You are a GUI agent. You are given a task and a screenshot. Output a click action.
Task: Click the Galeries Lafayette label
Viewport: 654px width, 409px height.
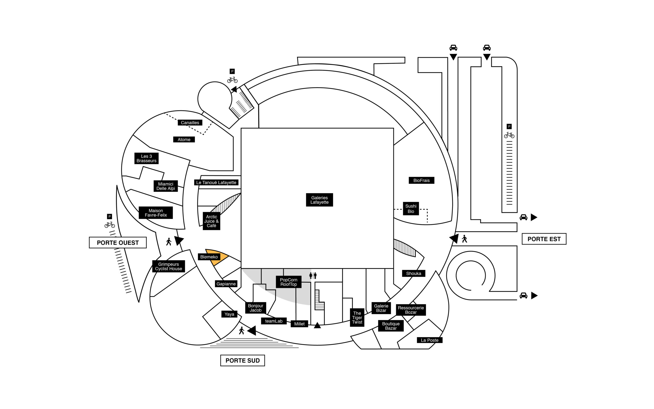click(319, 200)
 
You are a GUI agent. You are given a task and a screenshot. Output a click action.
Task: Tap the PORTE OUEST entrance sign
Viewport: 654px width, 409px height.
click(118, 243)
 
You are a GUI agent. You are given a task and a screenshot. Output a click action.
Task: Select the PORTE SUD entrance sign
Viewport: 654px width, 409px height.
click(242, 361)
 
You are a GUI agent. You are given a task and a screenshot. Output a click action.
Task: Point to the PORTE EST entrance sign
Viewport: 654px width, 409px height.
click(544, 239)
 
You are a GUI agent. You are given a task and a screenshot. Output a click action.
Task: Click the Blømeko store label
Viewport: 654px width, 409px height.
click(209, 257)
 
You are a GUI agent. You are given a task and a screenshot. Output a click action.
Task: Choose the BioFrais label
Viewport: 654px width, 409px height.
click(421, 180)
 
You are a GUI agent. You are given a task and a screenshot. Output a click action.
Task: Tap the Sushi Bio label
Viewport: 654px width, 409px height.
click(411, 209)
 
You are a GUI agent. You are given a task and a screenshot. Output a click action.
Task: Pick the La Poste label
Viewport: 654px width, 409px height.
click(429, 340)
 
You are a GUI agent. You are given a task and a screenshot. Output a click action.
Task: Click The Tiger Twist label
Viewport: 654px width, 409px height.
click(357, 317)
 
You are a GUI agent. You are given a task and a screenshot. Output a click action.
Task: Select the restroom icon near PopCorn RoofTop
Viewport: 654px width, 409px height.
click(313, 276)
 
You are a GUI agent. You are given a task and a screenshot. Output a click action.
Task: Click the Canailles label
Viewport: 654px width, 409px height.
click(190, 122)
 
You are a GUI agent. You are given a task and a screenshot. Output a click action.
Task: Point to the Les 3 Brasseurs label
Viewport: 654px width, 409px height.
click(146, 158)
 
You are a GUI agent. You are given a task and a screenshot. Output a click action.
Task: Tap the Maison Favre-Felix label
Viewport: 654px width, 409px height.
click(156, 213)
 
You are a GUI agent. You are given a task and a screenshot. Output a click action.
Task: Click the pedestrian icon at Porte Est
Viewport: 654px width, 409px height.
click(464, 239)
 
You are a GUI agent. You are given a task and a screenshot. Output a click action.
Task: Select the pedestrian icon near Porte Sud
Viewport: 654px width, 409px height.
click(242, 331)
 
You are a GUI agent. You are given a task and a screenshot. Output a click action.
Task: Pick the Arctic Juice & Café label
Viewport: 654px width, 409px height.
click(211, 221)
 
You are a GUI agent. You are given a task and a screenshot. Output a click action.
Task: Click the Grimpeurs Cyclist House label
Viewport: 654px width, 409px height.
click(168, 266)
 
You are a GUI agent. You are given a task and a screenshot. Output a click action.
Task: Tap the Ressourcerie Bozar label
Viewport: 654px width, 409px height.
click(411, 310)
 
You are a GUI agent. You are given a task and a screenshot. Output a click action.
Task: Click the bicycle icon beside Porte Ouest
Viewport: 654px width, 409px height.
click(109, 224)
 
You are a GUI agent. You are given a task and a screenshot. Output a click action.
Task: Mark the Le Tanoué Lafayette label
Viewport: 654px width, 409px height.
click(216, 183)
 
